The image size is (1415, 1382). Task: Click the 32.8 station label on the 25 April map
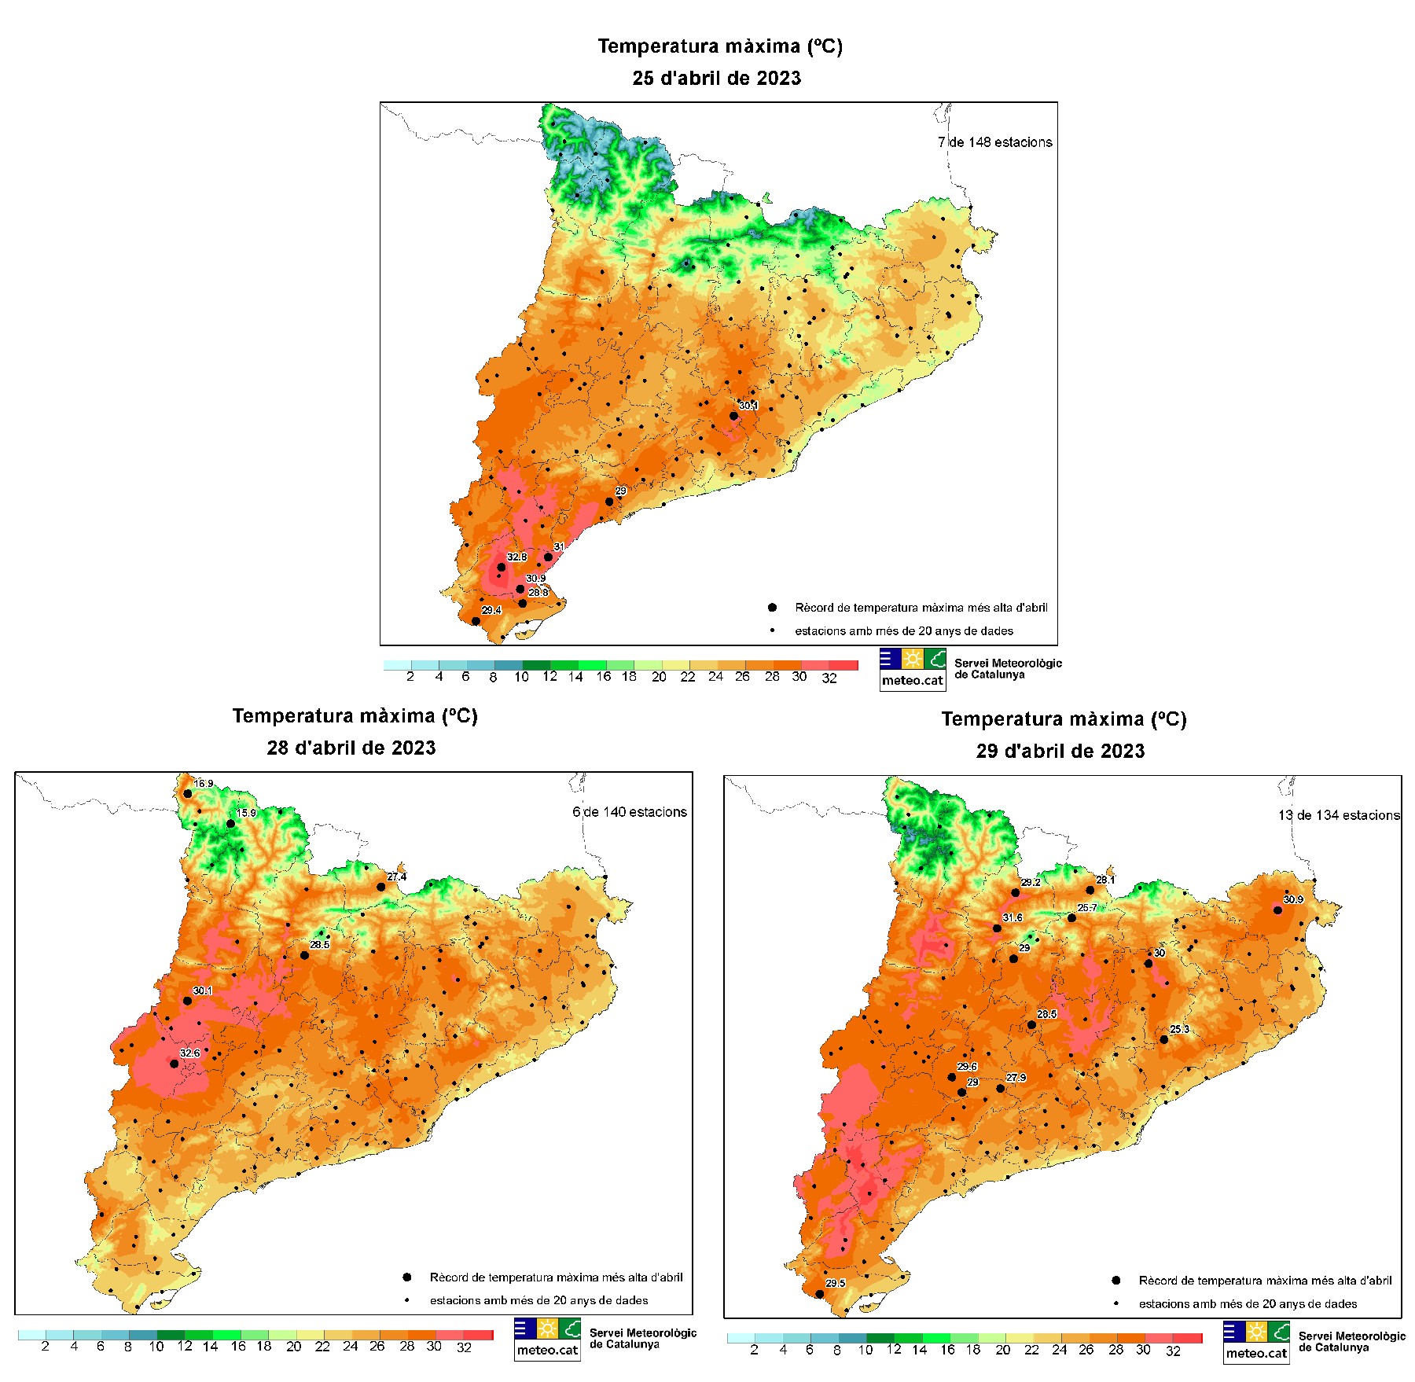[x=516, y=557]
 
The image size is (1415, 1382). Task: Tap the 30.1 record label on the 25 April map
[x=748, y=406]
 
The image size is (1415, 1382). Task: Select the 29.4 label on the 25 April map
[x=491, y=610]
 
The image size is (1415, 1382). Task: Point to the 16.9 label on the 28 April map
[x=204, y=784]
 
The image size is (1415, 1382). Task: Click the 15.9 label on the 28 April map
[x=247, y=813]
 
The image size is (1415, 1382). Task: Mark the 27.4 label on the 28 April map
[x=397, y=877]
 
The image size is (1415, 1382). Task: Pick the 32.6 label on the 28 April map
[x=190, y=1053]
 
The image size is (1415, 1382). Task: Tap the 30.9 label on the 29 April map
[x=1293, y=899]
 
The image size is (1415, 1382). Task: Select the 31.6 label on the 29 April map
[x=1013, y=917]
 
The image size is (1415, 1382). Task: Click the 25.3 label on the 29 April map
[x=1179, y=1029]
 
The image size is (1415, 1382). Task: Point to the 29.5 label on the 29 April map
[x=835, y=1283]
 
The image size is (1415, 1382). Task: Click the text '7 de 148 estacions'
[x=994, y=142]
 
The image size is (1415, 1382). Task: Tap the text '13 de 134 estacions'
[x=1339, y=815]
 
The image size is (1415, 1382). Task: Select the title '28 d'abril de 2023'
[x=351, y=748]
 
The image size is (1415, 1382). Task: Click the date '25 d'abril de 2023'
[x=716, y=78]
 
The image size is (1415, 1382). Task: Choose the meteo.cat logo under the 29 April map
[x=1256, y=1342]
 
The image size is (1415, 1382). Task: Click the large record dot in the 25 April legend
[x=772, y=607]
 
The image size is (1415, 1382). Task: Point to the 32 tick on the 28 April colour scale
[x=464, y=1347]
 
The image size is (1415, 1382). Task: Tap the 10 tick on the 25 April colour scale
[x=521, y=677]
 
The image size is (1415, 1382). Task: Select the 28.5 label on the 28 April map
[x=320, y=944]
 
